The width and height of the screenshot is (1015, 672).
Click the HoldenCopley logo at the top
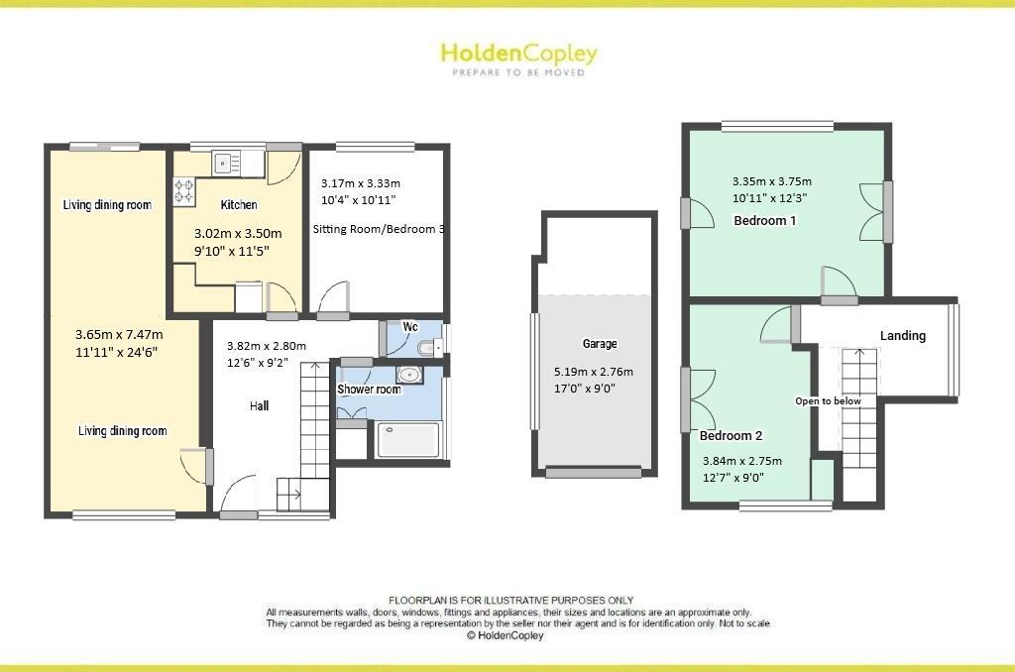(518, 55)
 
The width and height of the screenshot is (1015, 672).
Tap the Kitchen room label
(239, 205)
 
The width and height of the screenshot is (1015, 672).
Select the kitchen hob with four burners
(184, 189)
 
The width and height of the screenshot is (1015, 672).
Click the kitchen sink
(225, 161)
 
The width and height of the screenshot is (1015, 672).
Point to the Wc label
(409, 326)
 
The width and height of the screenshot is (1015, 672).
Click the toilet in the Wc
(427, 348)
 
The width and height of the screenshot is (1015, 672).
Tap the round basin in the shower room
(407, 376)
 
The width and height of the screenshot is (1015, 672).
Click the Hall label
(259, 405)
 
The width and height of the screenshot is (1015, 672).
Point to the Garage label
(600, 344)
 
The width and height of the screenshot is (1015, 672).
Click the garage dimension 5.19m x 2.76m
(593, 372)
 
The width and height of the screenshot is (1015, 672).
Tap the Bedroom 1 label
(764, 220)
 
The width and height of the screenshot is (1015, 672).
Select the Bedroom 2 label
(731, 435)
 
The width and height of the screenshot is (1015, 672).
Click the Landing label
(902, 336)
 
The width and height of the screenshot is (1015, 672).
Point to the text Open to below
(828, 401)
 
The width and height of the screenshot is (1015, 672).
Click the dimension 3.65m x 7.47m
(117, 335)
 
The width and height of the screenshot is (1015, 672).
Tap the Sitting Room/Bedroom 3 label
(378, 229)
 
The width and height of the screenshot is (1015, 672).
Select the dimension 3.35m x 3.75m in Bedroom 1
(771, 181)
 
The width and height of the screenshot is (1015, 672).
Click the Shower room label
(369, 390)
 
